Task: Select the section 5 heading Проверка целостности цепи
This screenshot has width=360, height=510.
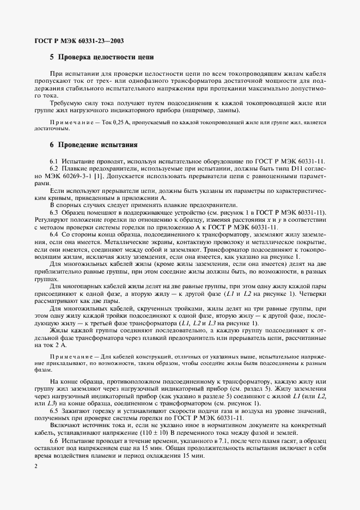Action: tap(102, 56)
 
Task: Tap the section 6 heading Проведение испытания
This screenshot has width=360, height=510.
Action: tap(94, 145)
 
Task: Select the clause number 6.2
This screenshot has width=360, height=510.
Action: tap(54, 170)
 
